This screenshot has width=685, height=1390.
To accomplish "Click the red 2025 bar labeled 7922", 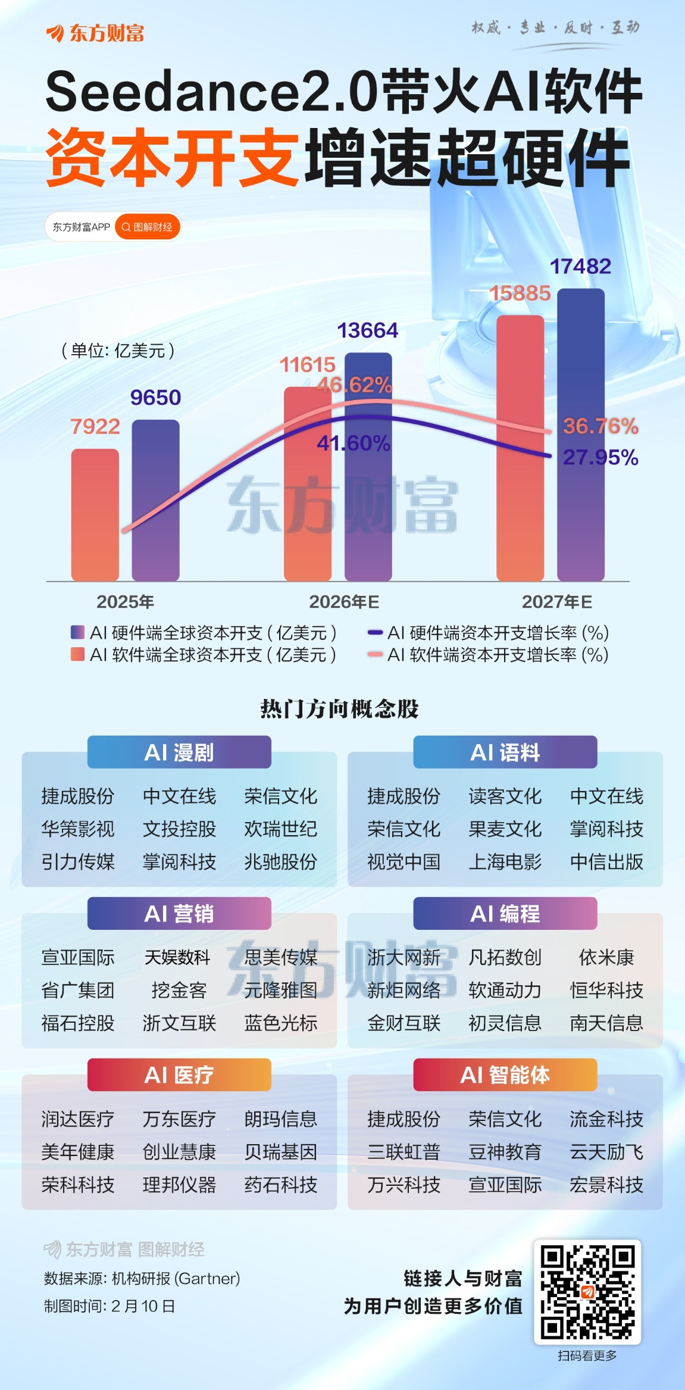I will pyautogui.click(x=95, y=514).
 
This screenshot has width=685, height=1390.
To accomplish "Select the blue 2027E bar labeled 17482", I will pyautogui.click(x=581, y=435).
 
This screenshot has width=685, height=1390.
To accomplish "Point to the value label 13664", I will pyautogui.click(x=368, y=330).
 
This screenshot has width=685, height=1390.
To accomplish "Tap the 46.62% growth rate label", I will pyautogui.click(x=355, y=385).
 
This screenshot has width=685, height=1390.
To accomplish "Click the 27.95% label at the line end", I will pyautogui.click(x=600, y=457).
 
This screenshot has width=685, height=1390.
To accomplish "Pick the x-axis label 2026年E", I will pyautogui.click(x=344, y=602).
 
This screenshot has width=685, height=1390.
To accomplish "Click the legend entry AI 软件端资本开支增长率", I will pyautogui.click(x=488, y=655).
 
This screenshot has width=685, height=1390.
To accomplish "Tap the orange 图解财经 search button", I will pyautogui.click(x=148, y=227).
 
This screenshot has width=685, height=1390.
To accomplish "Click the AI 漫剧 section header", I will pyautogui.click(x=179, y=752).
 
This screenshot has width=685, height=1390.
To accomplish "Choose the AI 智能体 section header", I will pyautogui.click(x=505, y=1075).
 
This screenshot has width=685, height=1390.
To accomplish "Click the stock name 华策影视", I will pyautogui.click(x=78, y=829).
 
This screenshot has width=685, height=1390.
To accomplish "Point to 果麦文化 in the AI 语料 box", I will pyautogui.click(x=505, y=829).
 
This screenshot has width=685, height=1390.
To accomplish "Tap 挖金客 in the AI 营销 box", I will pyautogui.click(x=179, y=990).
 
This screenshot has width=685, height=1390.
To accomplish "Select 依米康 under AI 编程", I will pyautogui.click(x=606, y=957).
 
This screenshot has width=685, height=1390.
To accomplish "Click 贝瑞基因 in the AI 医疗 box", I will pyautogui.click(x=281, y=1152).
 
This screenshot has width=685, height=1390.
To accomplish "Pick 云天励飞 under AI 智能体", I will pyautogui.click(x=606, y=1152).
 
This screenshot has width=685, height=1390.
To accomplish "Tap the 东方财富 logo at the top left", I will pyautogui.click(x=95, y=33).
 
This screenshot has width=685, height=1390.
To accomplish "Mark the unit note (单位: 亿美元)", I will pyautogui.click(x=118, y=351).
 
